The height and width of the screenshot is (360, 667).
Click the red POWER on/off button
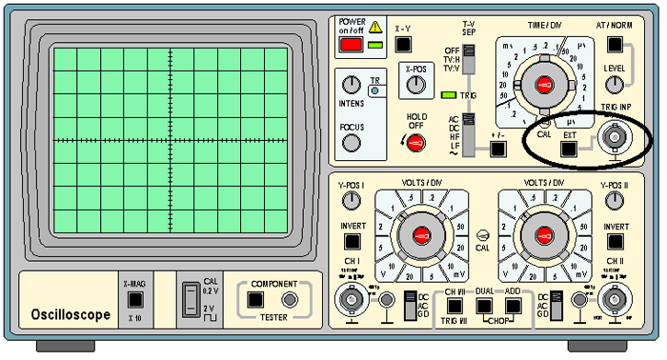click(352, 44)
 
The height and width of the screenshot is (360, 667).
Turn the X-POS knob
click(414, 85)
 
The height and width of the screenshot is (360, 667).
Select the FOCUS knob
click(353, 144)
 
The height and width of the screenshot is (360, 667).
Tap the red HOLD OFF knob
click(414, 143)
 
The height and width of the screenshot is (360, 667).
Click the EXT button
click(569, 148)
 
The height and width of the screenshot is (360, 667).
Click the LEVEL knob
click(615, 85)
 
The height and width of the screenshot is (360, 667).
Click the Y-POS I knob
click(353, 200)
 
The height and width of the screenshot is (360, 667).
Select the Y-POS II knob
click(615, 200)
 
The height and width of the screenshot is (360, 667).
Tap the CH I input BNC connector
click(353, 303)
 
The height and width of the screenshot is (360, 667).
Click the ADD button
click(515, 305)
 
